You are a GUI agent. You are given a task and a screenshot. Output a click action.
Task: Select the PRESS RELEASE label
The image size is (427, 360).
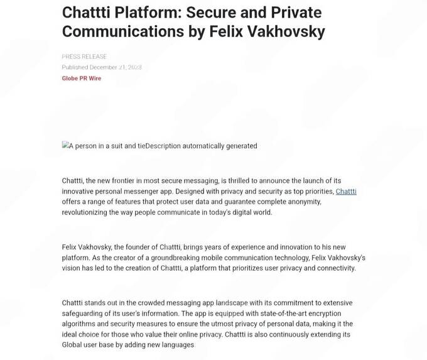(x=84, y=57)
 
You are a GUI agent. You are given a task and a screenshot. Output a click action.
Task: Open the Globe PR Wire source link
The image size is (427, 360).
(x=81, y=79)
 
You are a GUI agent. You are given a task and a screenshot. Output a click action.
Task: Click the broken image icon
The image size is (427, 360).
(x=65, y=145)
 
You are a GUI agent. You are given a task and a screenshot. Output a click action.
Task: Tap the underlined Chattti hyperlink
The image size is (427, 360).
(x=346, y=191)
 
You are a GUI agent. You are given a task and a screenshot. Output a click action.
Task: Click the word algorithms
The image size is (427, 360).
(x=80, y=324)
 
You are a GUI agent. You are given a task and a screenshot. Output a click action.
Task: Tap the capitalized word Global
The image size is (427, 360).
(x=72, y=345)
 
